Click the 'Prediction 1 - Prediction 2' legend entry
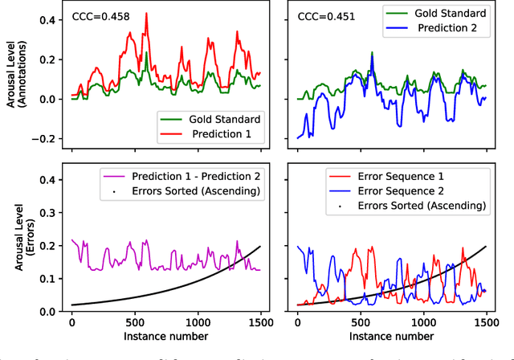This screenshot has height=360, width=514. coord(187,176)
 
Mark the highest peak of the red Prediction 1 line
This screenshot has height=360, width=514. coord(145,14)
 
